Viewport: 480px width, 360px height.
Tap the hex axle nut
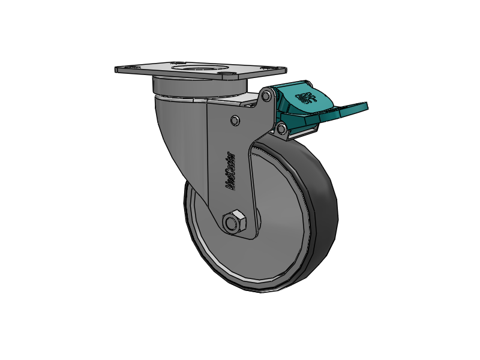233,222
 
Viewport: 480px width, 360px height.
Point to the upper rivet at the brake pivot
266,95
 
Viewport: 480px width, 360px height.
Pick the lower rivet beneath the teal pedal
281,128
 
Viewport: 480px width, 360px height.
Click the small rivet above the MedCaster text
235,121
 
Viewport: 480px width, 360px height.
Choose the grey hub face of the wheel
276,240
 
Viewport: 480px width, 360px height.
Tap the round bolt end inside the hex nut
231,223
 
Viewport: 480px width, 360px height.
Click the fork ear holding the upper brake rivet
259,105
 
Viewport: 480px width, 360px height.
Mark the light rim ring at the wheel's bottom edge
252,282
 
